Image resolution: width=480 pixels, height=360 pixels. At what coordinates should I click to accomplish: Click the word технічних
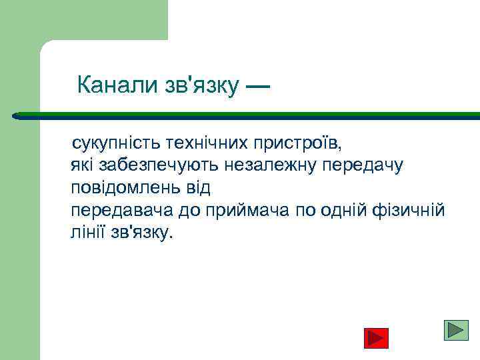click(x=193, y=143)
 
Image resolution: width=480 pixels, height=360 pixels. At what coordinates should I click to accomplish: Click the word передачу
click(x=363, y=165)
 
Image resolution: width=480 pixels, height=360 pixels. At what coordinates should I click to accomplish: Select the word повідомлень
click(x=123, y=188)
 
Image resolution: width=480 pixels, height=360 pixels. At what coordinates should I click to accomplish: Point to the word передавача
click(x=122, y=211)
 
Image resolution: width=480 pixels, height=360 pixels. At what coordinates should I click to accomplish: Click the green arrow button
click(x=456, y=331)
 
